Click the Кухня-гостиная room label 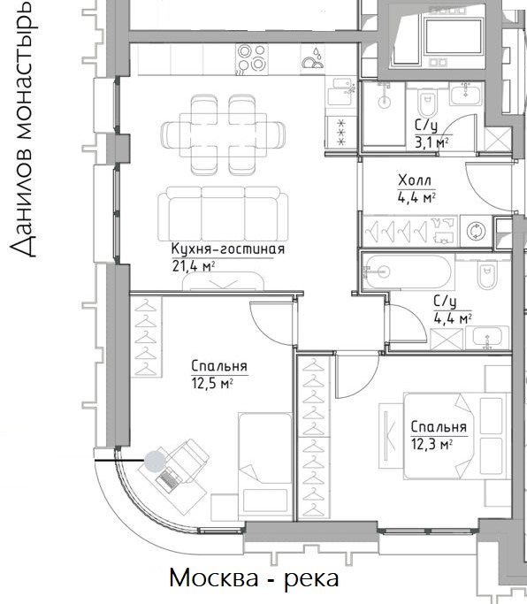(x=227, y=249)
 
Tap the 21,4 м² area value (x=193, y=266)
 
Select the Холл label (x=415, y=180)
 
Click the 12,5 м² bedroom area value (x=212, y=384)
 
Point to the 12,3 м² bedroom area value (x=432, y=445)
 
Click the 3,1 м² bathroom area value (x=432, y=143)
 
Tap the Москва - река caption (x=255, y=577)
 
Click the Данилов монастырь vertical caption (x=23, y=129)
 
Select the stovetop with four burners (x=252, y=59)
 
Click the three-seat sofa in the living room (x=223, y=214)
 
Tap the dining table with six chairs (x=224, y=134)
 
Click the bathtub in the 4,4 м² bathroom (x=409, y=272)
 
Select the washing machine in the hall (x=476, y=231)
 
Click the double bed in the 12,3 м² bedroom (x=454, y=436)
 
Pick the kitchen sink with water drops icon (x=313, y=59)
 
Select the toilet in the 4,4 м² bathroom (x=486, y=274)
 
